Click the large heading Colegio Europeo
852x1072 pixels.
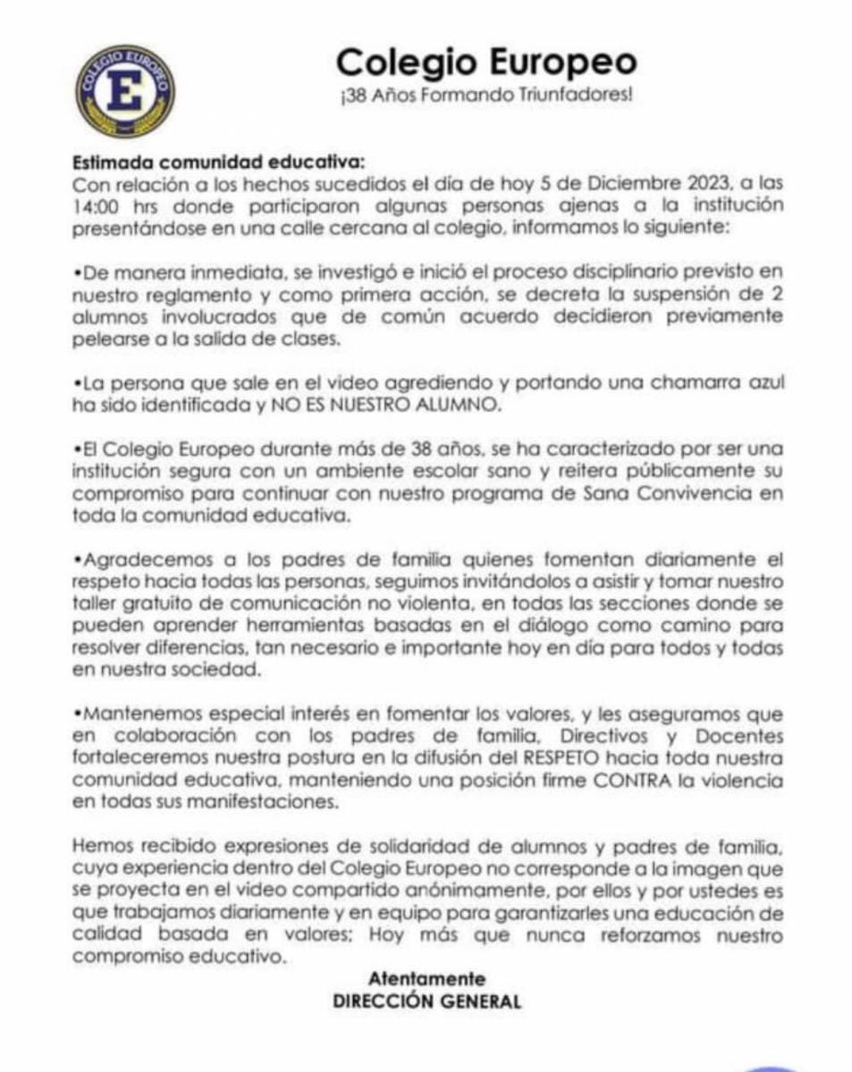(x=486, y=63)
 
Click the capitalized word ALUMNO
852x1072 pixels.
(x=463, y=405)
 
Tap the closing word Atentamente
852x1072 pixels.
(x=426, y=978)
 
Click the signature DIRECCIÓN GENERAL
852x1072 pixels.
(x=426, y=1001)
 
